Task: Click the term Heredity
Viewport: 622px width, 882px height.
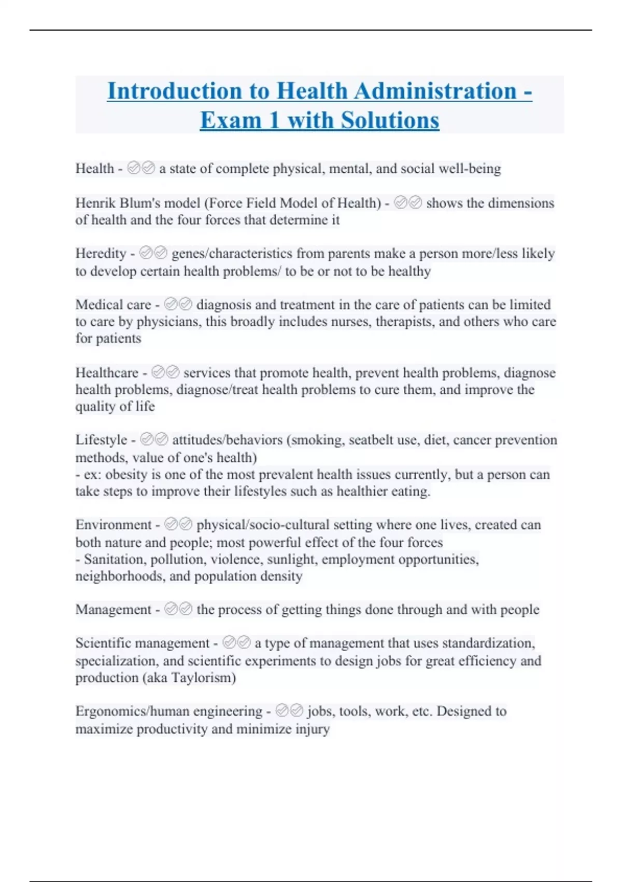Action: (101, 253)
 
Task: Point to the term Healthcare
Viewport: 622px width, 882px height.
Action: (107, 373)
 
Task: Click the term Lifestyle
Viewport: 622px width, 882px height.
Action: (101, 439)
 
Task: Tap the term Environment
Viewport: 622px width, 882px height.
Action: (114, 525)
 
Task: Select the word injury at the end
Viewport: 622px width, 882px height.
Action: (313, 729)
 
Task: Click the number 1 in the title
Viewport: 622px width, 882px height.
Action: (274, 120)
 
